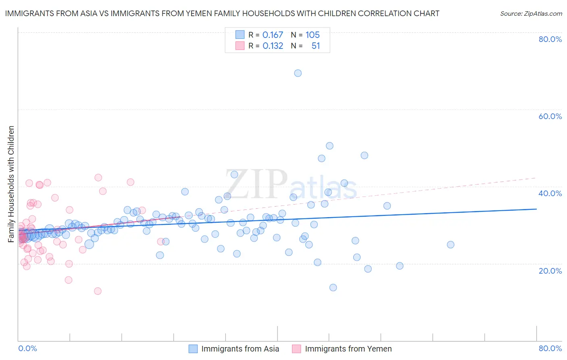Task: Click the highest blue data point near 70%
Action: tap(298, 73)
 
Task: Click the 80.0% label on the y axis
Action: tap(550, 39)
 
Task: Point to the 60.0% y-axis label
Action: tap(550, 116)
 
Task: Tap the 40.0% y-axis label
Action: tap(550, 193)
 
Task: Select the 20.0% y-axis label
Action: tap(550, 270)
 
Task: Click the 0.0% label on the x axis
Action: tap(27, 348)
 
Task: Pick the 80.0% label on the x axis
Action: tap(550, 348)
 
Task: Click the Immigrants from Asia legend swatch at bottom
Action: tap(193, 349)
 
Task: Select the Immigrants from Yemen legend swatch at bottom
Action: tap(297, 349)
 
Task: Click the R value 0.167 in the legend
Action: tap(273, 35)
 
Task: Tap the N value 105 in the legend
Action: tap(313, 35)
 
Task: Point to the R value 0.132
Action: tap(273, 46)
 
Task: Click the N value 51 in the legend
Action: tap(315, 46)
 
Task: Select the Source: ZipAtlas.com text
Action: tap(531, 13)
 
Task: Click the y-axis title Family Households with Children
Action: tap(11, 184)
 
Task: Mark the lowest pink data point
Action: tap(98, 291)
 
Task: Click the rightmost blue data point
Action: tap(450, 245)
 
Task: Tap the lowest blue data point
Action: tap(333, 287)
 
